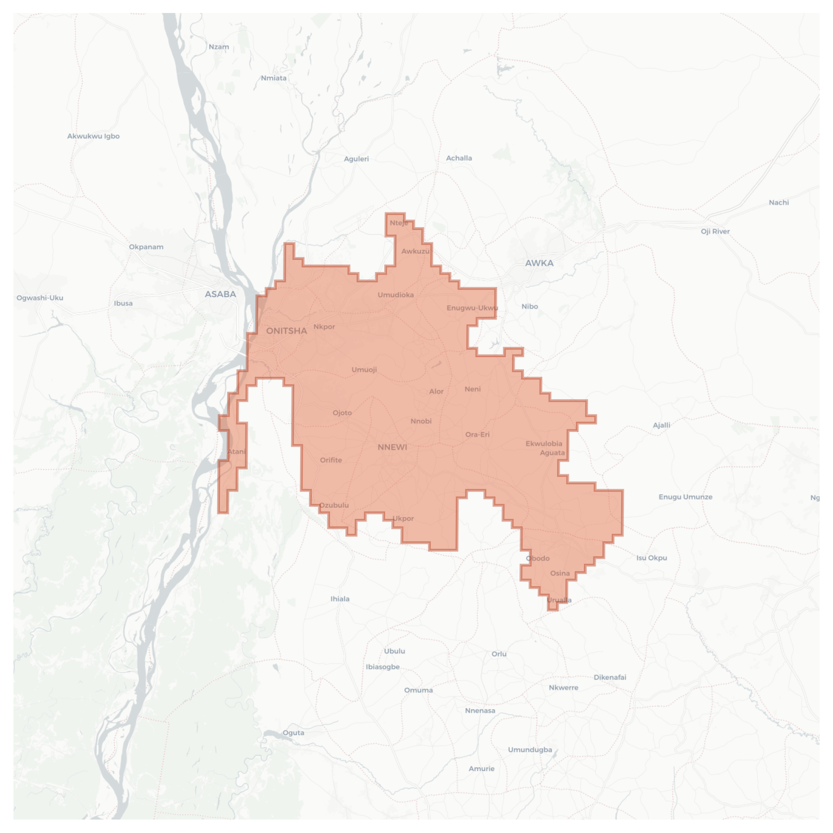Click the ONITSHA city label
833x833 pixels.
coord(286,331)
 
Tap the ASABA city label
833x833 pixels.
coord(220,294)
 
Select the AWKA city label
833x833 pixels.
coord(539,263)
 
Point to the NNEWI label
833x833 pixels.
coord(392,447)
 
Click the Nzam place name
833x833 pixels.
coord(219,47)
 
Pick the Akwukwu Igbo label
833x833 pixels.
coord(93,136)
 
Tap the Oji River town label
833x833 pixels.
coord(715,232)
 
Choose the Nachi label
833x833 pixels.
coord(778,203)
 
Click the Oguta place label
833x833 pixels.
coord(293,733)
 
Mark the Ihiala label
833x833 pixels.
coord(340,599)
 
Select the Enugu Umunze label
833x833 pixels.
coord(685,497)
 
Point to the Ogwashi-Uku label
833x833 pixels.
coord(40,298)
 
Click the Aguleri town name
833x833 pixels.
coord(356,159)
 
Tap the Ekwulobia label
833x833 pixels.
coord(544,444)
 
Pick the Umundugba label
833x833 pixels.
coord(530,750)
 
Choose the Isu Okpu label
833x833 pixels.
coord(652,558)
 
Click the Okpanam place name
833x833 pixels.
coord(146,247)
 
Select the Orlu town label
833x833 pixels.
coord(499,654)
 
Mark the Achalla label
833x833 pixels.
coord(459,158)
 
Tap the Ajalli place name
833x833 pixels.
coord(661,425)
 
